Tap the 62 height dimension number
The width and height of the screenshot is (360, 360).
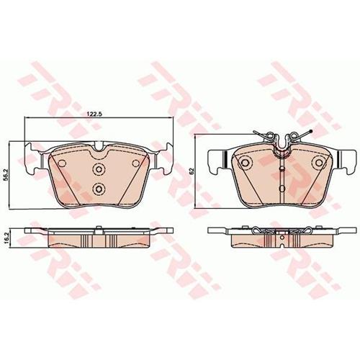[x=192, y=171]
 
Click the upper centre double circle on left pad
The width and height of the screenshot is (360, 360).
[x=99, y=169]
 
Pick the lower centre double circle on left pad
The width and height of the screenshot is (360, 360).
[x=99, y=189]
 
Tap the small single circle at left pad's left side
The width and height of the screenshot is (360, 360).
[x=62, y=163]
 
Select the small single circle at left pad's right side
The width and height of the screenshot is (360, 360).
[x=136, y=163]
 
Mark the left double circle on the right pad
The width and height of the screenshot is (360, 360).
[x=245, y=163]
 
